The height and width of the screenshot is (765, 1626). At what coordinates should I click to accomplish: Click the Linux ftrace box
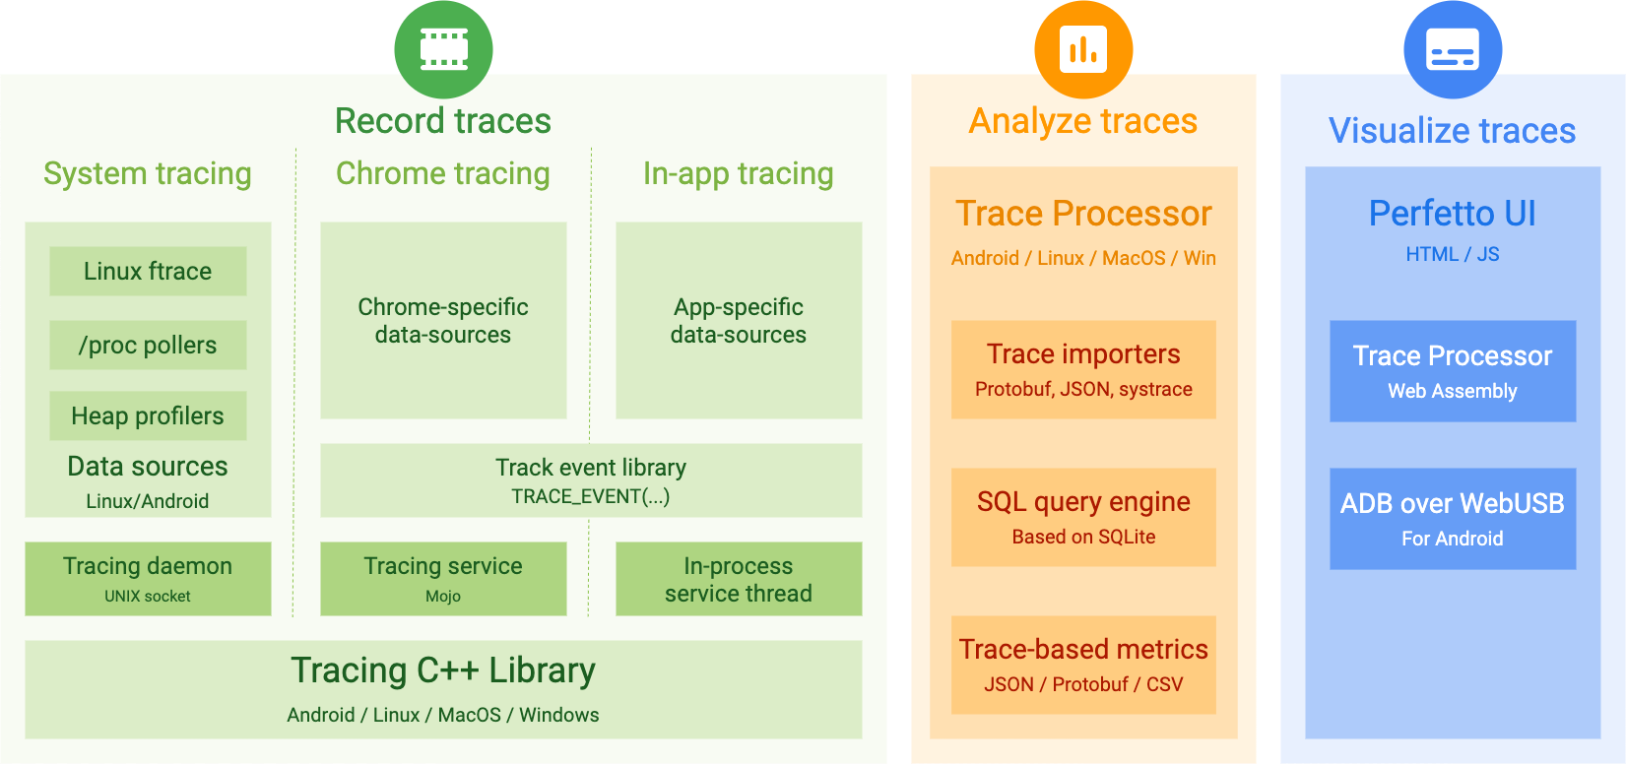click(x=148, y=271)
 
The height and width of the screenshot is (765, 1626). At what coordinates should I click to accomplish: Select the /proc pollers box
click(x=148, y=345)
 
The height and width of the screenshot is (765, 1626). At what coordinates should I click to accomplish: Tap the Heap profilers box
click(x=148, y=415)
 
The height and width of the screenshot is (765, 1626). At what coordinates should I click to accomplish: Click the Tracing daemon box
click(x=148, y=579)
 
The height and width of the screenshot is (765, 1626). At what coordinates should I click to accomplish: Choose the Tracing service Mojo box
click(x=443, y=579)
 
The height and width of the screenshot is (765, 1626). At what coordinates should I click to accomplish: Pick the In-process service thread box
click(x=739, y=579)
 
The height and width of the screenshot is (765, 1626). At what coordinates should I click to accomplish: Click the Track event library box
click(x=591, y=480)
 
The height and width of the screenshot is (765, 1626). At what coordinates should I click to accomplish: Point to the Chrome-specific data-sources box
click(x=443, y=320)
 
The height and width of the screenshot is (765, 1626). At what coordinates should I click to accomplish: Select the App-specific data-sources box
click(x=739, y=320)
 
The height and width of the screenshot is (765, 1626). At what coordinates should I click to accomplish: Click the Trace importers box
click(x=1083, y=369)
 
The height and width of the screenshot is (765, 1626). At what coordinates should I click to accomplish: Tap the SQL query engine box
click(x=1083, y=517)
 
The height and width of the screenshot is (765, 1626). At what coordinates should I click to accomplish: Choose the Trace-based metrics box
click(x=1083, y=665)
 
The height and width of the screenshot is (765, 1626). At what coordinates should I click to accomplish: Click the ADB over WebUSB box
click(x=1453, y=519)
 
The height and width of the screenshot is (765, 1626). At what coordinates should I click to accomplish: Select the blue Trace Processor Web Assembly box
click(x=1453, y=371)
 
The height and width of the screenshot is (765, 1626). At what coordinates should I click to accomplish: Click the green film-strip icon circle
click(x=443, y=49)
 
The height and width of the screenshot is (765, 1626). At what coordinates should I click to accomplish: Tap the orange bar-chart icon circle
click(x=1083, y=49)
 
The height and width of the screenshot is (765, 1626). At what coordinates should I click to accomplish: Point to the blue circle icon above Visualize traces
click(x=1453, y=49)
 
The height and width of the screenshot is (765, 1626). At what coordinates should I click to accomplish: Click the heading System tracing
click(x=148, y=173)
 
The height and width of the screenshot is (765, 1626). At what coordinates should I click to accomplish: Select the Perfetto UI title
click(x=1453, y=214)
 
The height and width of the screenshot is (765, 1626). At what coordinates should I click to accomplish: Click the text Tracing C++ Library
click(x=443, y=670)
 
